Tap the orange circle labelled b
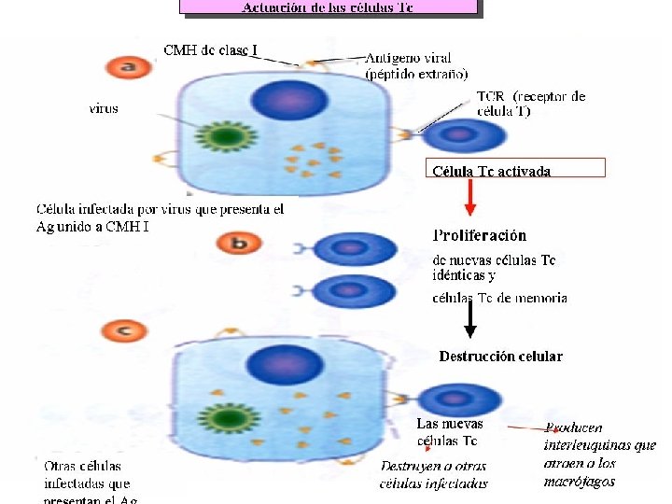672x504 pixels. click(x=238, y=245)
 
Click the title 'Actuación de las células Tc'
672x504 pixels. click(x=328, y=7)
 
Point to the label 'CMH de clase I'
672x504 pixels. click(x=211, y=49)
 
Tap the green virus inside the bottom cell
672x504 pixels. click(x=225, y=417)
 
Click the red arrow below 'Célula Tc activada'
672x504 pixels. click(x=471, y=197)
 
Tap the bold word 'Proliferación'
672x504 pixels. click(x=480, y=236)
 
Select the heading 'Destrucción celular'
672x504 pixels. click(x=500, y=356)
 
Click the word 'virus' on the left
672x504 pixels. click(x=104, y=108)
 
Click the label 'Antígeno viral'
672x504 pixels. click(x=404, y=59)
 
